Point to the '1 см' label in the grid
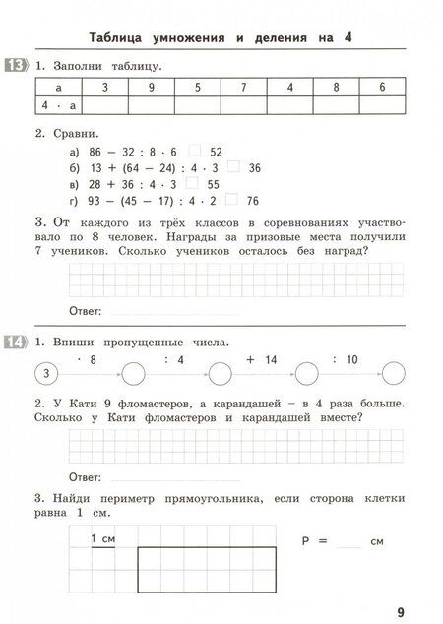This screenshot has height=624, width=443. point(102,539)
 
